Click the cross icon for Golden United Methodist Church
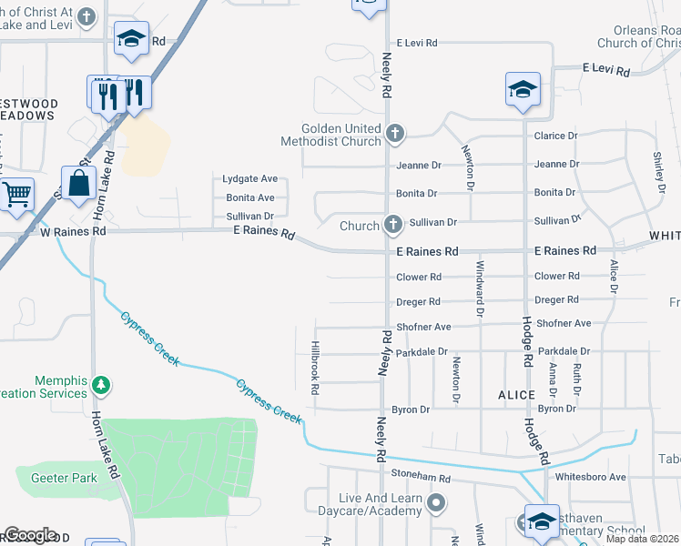394,134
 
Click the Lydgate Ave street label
249,179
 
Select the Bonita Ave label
249,197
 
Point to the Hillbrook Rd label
315,368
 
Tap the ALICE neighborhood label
516,393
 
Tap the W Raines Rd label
73,232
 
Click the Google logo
30,535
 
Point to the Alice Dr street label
615,276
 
